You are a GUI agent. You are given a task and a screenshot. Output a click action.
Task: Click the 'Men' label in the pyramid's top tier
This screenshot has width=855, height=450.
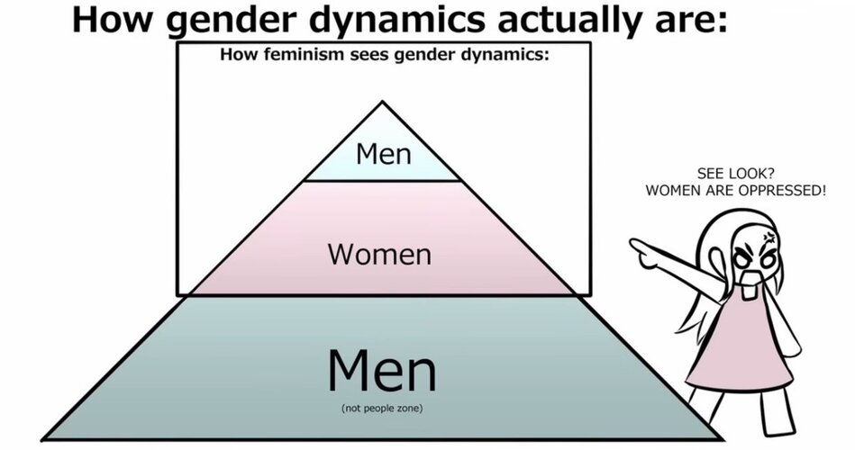(383, 154)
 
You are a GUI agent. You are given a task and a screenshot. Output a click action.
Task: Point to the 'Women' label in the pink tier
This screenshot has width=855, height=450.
(379, 255)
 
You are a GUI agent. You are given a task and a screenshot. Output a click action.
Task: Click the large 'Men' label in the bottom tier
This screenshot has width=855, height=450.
(382, 370)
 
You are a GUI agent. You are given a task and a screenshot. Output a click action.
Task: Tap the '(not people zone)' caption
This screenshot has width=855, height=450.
(382, 408)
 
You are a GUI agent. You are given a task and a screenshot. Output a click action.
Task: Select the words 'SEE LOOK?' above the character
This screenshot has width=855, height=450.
(735, 174)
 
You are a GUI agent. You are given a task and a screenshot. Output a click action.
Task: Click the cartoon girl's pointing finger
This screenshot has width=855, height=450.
(637, 244)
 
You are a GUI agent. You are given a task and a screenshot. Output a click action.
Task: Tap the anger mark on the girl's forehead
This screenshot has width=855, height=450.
(769, 237)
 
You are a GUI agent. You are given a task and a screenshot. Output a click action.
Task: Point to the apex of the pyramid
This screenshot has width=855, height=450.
(382, 102)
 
